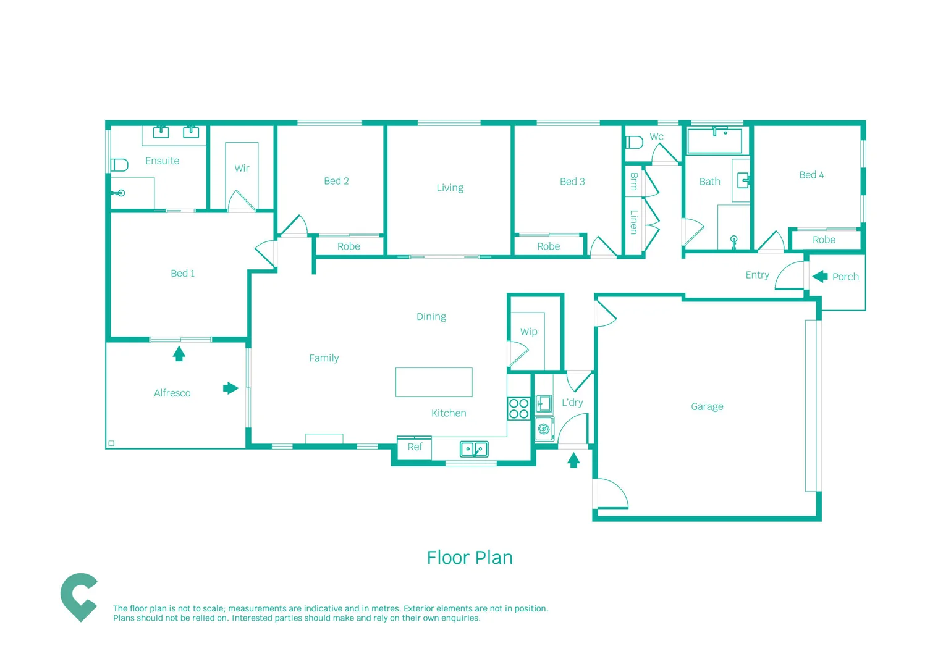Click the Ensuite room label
coord(162,161)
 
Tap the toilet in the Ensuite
coord(119,165)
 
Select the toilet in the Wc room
coord(634,142)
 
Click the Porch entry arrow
coord(820,276)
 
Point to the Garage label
coord(707,406)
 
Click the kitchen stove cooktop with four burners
coord(518,409)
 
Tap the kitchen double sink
coord(474,449)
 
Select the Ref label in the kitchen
coord(415,447)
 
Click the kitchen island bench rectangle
coord(434,382)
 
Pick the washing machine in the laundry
coord(544,429)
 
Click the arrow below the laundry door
coord(573,459)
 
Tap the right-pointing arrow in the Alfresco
coord(230,388)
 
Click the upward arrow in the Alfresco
coord(179,354)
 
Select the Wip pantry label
coord(528,332)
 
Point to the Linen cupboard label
coord(633,222)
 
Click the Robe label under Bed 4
coord(824,240)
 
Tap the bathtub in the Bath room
coord(714,141)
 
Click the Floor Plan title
coord(470,558)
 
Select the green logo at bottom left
coord(78,597)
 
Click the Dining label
coord(431,316)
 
